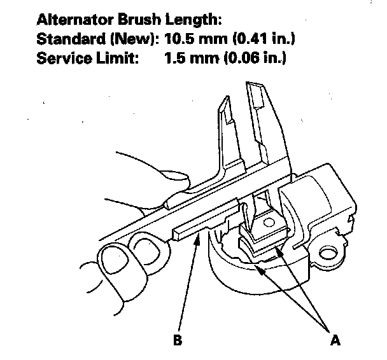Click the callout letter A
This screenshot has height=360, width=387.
pos(335,340)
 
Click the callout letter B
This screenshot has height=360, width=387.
pos(178,340)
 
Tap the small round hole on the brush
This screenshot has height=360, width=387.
pos(268,223)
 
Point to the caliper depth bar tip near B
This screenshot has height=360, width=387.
pos(177,233)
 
